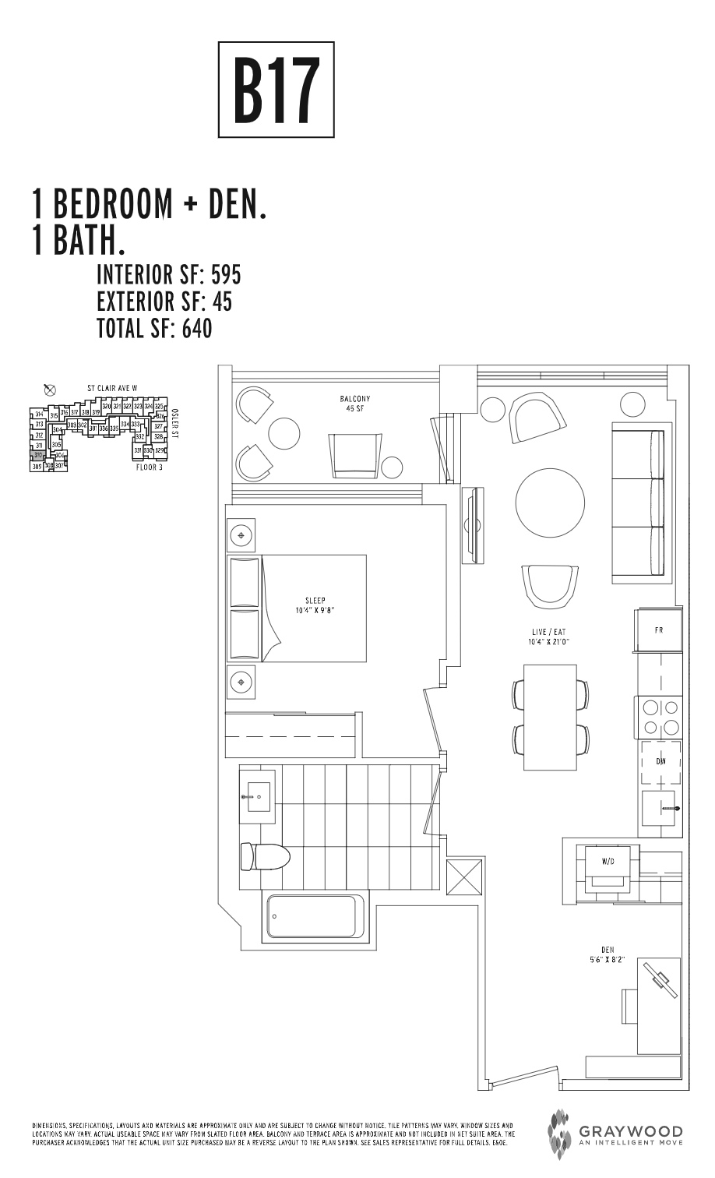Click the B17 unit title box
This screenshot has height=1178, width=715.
(x=276, y=90)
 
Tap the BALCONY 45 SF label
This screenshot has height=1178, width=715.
(x=355, y=403)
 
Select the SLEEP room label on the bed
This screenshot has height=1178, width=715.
(x=315, y=605)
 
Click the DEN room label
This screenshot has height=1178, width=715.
(x=608, y=954)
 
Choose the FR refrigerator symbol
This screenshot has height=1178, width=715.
(x=659, y=630)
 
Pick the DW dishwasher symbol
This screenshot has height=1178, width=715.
(x=660, y=762)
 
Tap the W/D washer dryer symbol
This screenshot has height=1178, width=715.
(x=608, y=862)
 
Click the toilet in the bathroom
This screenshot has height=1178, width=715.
(x=264, y=857)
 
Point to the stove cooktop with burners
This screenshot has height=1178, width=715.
(x=660, y=718)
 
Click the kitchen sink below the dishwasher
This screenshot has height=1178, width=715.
(x=659, y=810)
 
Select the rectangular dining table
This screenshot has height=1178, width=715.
(x=550, y=716)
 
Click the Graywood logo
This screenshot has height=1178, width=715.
(x=615, y=1134)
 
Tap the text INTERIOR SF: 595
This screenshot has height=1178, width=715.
(x=168, y=275)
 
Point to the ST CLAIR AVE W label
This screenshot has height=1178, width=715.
(x=112, y=387)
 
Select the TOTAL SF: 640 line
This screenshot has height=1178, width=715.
(x=154, y=329)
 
